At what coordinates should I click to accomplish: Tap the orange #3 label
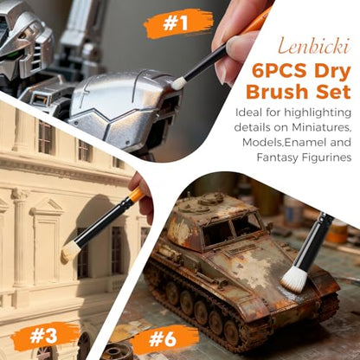[44, 336]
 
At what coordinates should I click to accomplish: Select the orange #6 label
[163, 339]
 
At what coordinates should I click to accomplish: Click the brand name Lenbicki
[314, 47]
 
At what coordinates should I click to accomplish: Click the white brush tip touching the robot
[178, 84]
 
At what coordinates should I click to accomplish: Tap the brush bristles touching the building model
[69, 252]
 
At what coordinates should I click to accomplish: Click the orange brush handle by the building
[136, 195]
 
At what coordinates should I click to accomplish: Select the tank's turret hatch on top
[209, 199]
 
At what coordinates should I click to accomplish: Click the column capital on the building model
[20, 194]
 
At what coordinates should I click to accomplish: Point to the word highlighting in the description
[318, 112]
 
